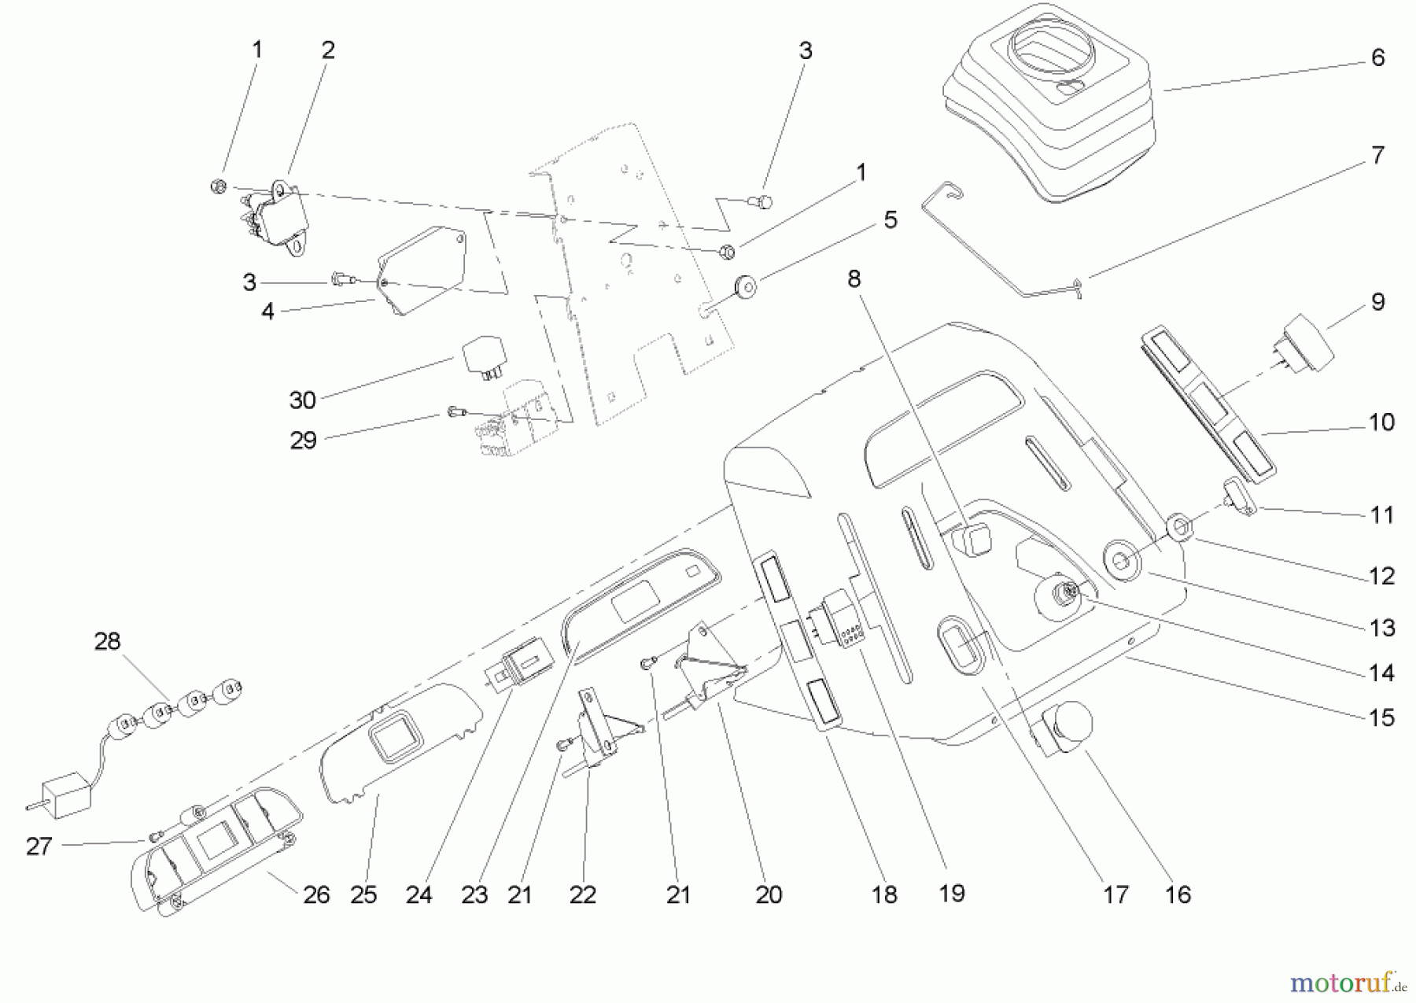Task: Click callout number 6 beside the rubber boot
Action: pyautogui.click(x=1377, y=57)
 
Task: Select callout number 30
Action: pyautogui.click(x=302, y=400)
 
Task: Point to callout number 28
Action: pyautogui.click(x=107, y=641)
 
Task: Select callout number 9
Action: pyautogui.click(x=1377, y=302)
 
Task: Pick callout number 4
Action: pyautogui.click(x=267, y=312)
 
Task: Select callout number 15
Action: pyautogui.click(x=1381, y=717)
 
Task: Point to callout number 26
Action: pyautogui.click(x=316, y=894)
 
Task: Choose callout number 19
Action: pyautogui.click(x=952, y=893)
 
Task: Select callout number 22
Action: pyautogui.click(x=582, y=894)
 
